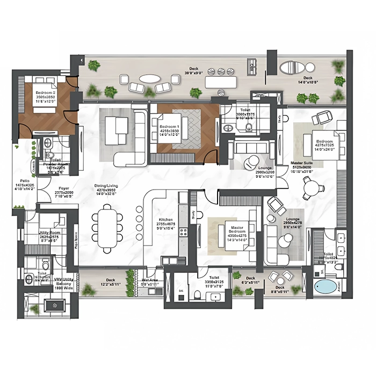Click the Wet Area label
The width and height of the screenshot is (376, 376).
tap(149, 280)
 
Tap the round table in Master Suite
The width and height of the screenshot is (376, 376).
tap(312, 189)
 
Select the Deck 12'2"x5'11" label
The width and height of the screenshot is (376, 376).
tap(110, 280)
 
